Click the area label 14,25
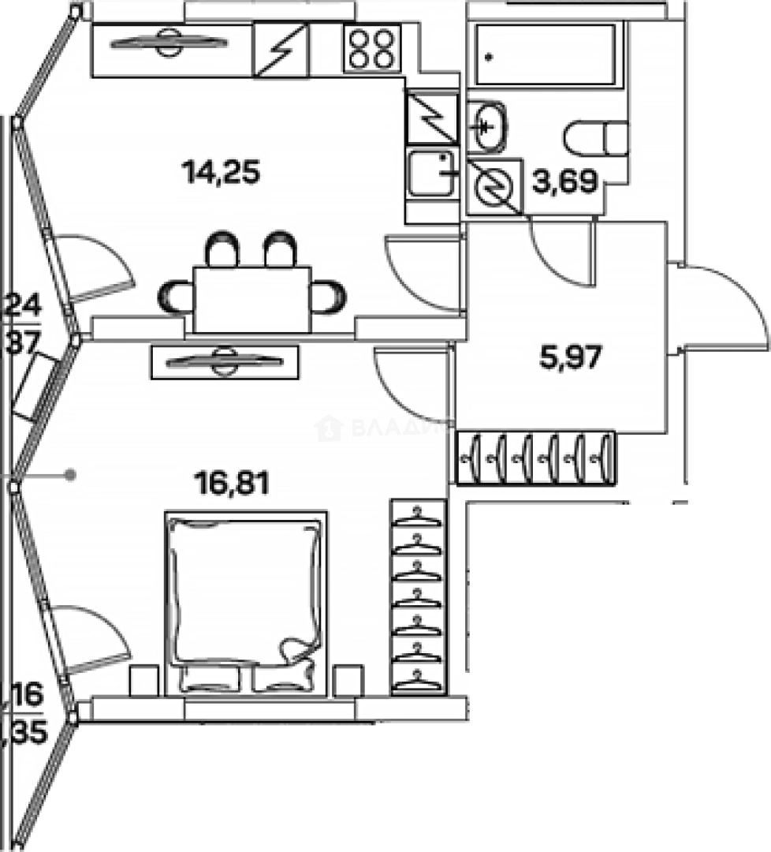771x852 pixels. [x=221, y=171]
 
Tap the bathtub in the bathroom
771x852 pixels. [x=546, y=54]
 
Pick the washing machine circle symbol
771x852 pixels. [x=495, y=187]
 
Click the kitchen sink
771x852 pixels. [x=431, y=173]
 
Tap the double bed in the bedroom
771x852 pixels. [x=245, y=600]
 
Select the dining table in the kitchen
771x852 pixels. [x=252, y=299]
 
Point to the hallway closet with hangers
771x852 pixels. [x=535, y=458]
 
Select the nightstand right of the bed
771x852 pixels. [x=348, y=680]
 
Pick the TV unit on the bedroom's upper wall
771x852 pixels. [x=225, y=361]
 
